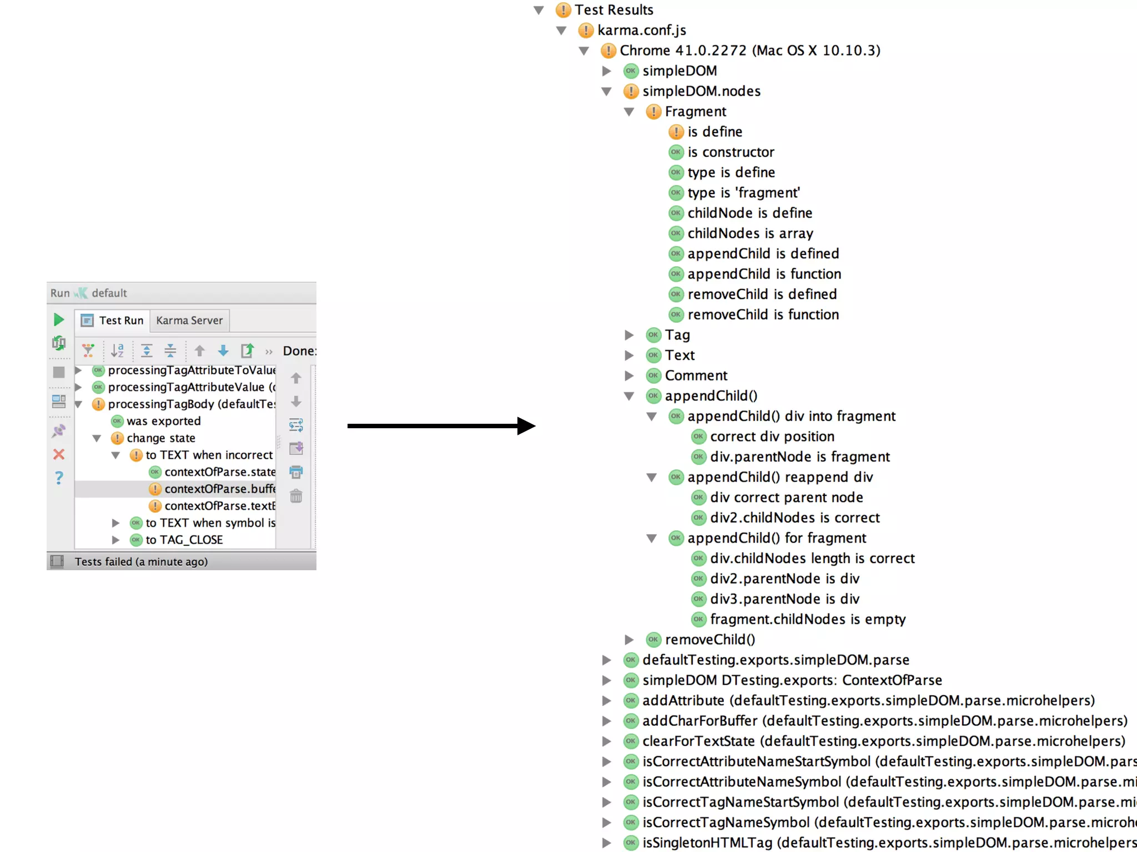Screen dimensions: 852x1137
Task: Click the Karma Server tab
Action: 189,321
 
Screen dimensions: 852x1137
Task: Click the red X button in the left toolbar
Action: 59,455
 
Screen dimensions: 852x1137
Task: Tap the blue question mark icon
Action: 59,478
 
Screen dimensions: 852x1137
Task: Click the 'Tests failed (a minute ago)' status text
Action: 141,562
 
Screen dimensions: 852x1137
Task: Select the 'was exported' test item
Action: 163,421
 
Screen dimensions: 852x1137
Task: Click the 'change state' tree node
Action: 160,438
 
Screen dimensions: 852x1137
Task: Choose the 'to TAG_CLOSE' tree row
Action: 184,540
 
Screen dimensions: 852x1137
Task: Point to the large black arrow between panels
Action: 441,426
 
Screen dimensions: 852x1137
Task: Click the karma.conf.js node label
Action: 641,31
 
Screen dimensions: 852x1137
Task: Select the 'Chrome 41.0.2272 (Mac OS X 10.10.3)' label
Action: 749,50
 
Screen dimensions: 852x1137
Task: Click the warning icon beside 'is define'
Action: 676,132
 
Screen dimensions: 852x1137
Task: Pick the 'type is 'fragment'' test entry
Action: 743,193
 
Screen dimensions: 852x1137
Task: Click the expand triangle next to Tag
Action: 629,335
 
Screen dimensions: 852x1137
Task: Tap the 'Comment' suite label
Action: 696,376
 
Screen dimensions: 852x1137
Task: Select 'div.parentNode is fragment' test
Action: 799,457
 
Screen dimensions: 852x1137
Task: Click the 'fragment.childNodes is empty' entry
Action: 807,620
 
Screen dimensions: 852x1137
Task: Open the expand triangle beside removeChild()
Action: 629,640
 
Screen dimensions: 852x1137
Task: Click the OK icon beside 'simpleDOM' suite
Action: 631,71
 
